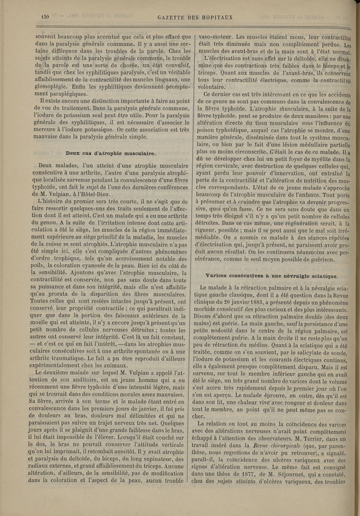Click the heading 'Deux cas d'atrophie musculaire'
(x=110, y=153)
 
